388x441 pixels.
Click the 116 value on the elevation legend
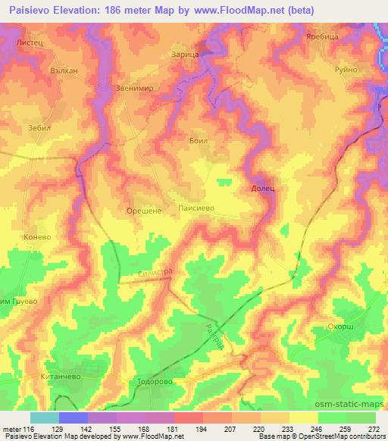pyautogui.click(x=18, y=429)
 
